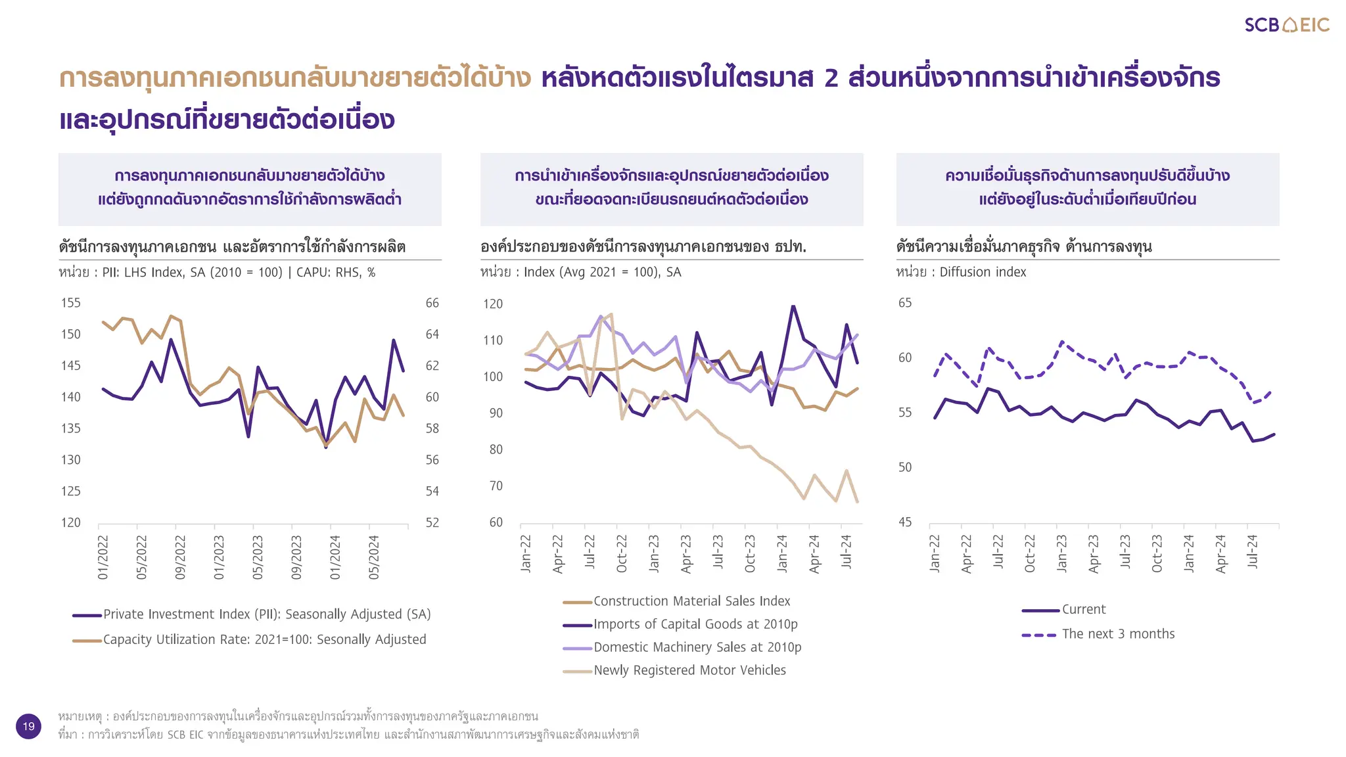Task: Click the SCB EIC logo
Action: [x=1286, y=25]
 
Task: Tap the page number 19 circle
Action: [x=28, y=726]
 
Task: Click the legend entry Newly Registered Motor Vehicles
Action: [x=689, y=670]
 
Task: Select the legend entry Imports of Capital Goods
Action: [x=695, y=624]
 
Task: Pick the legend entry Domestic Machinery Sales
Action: [x=697, y=647]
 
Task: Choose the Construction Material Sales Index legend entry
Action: [x=691, y=601]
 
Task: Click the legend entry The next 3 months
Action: [x=1117, y=634]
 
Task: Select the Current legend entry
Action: [x=1083, y=610]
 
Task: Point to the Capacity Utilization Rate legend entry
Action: [x=264, y=639]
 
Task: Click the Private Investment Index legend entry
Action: [x=266, y=614]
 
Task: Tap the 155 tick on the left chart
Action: [x=71, y=303]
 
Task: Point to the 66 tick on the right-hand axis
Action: [x=432, y=303]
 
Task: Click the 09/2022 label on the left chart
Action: [x=180, y=557]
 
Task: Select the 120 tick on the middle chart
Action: [x=493, y=304]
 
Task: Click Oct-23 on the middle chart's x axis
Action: [x=750, y=553]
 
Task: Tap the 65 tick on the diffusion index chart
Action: [x=905, y=303]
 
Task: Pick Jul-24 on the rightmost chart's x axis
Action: [x=1252, y=551]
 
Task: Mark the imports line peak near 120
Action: [x=793, y=306]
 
